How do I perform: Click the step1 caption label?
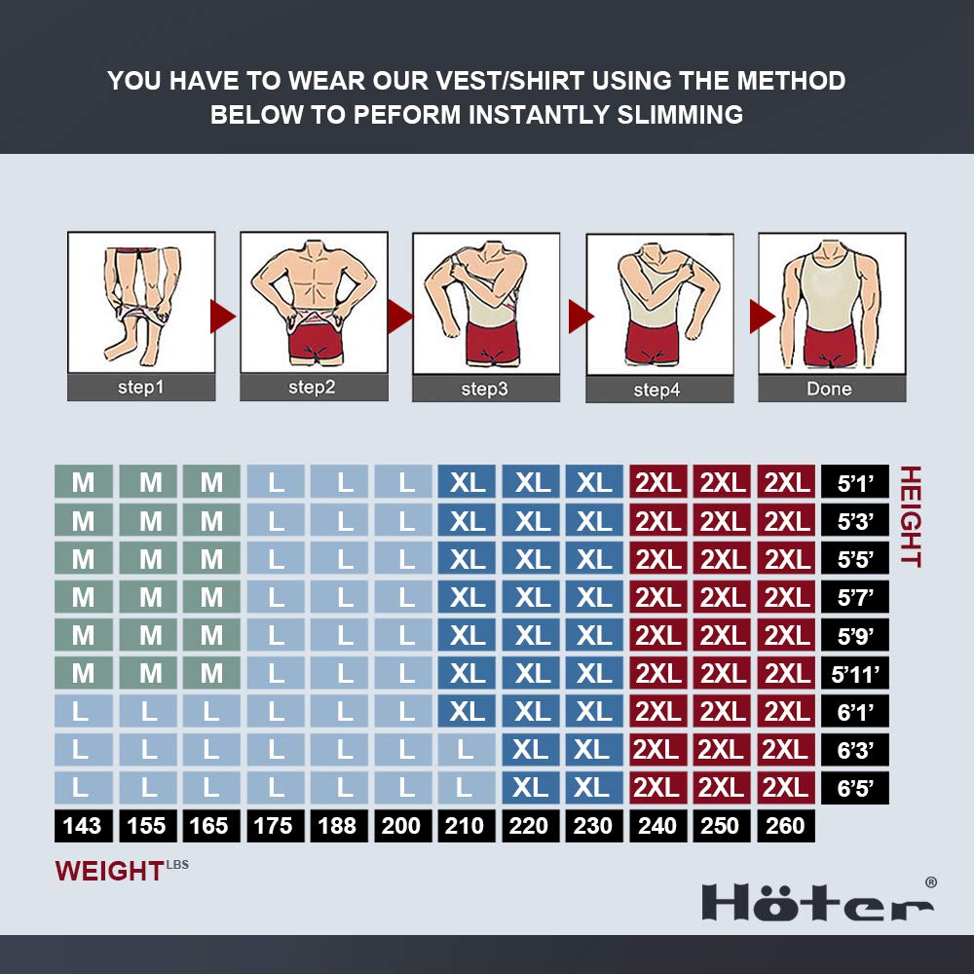[x=141, y=387]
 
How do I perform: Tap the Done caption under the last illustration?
[x=831, y=389]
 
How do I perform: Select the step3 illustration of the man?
[x=486, y=303]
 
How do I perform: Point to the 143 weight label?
[x=83, y=826]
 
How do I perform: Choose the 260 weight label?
[x=786, y=826]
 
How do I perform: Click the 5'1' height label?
[x=856, y=482]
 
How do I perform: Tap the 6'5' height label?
[x=856, y=787]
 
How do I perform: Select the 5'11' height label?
[x=856, y=673]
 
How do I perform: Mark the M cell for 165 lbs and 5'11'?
[x=211, y=673]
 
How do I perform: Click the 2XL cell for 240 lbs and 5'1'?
[x=658, y=482]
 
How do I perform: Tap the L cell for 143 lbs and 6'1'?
[x=83, y=711]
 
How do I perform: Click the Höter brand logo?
[x=816, y=902]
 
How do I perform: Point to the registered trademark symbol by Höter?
[x=930, y=882]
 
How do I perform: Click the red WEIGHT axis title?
[x=109, y=870]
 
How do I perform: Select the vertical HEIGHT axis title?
[x=910, y=516]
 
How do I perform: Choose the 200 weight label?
[x=401, y=826]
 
